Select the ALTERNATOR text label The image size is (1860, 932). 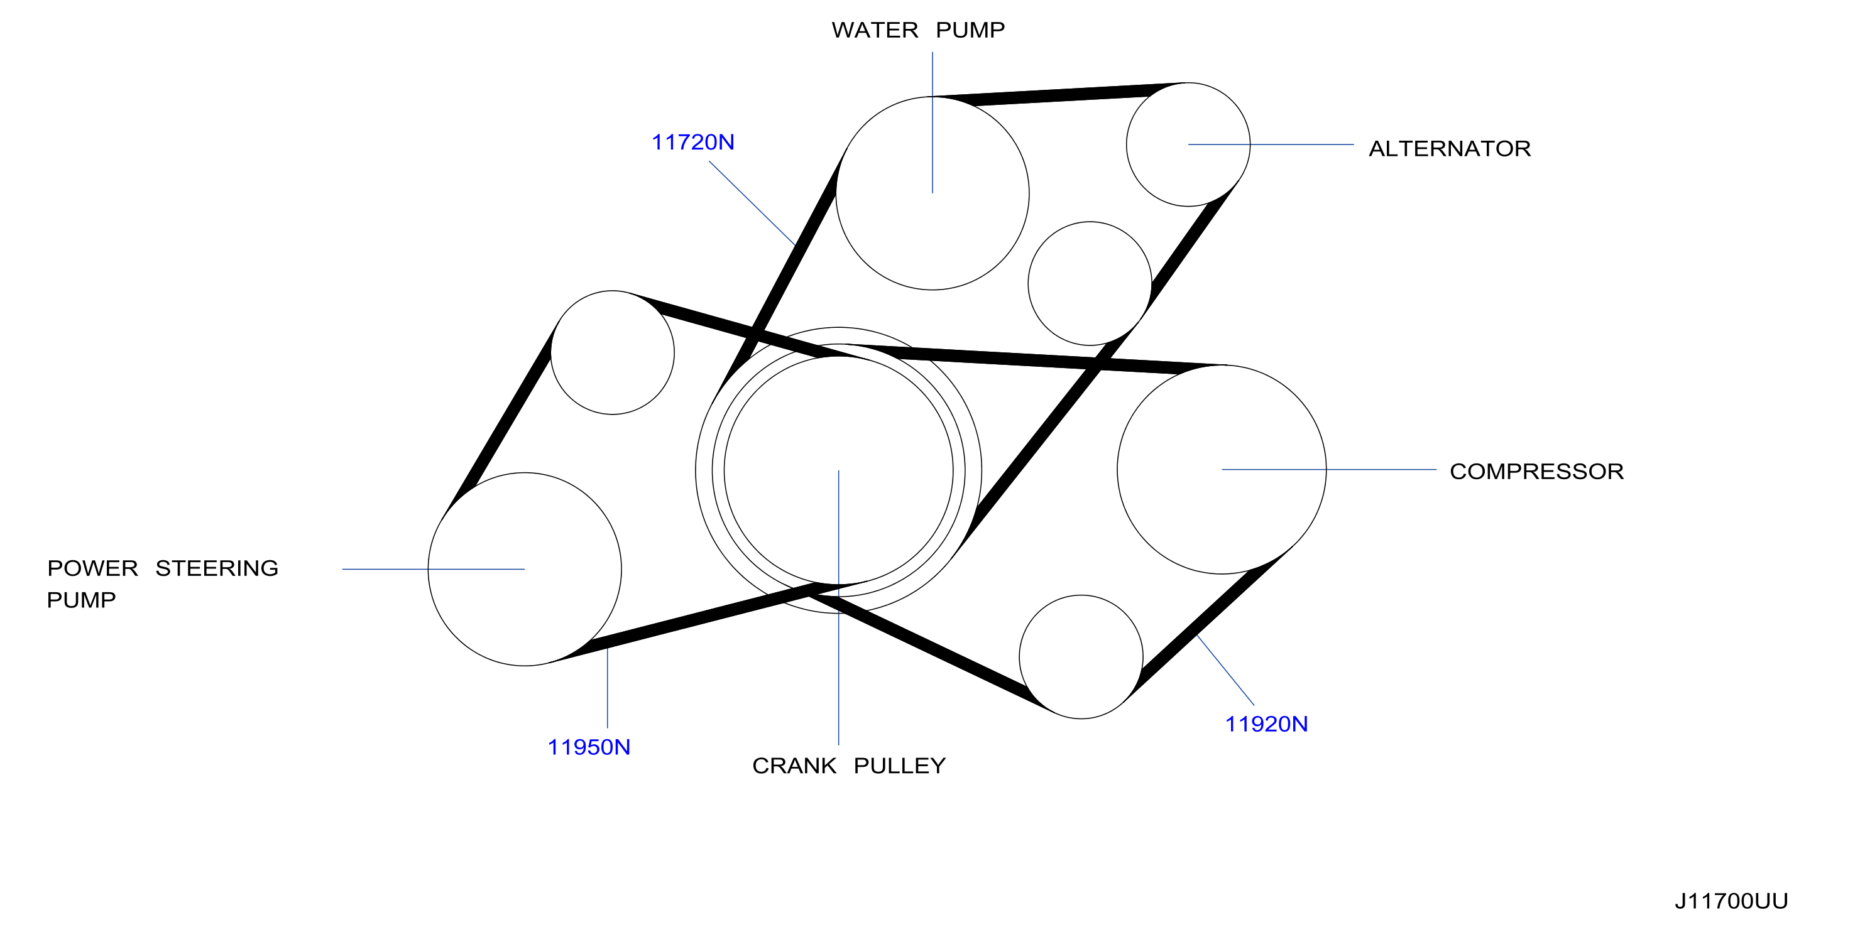pyautogui.click(x=1449, y=149)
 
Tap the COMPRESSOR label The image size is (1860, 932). pyautogui.click(x=1536, y=472)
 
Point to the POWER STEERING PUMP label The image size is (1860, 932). pyautogui.click(x=163, y=584)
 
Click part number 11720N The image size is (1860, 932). pyautogui.click(x=692, y=142)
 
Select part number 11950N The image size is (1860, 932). pyautogui.click(x=588, y=747)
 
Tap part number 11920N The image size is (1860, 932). pyautogui.click(x=1266, y=724)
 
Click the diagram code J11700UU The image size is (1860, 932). pyautogui.click(x=1731, y=901)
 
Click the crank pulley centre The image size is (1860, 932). pyautogui.click(x=838, y=470)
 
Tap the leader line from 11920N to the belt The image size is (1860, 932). pyautogui.click(x=1225, y=671)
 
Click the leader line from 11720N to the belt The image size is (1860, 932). pyautogui.click(x=752, y=203)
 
